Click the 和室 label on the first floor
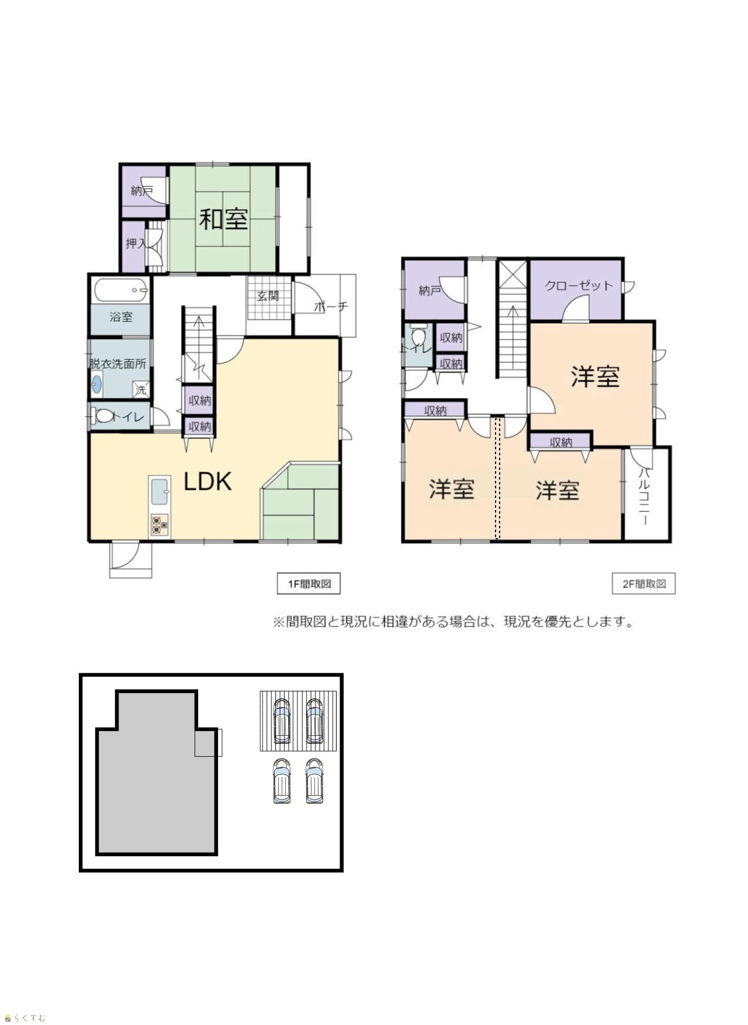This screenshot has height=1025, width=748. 224,219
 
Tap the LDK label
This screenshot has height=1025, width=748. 208,481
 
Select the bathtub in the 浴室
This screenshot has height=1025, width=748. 120,289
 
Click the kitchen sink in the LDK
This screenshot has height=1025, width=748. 160,491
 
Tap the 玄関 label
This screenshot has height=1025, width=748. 268,296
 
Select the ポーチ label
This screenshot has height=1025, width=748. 331,306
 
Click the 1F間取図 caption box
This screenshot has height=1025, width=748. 309,584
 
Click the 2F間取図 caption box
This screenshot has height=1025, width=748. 643,584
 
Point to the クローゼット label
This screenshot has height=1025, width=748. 579,286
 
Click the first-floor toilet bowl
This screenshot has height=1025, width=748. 104,416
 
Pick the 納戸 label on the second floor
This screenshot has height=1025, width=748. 430,290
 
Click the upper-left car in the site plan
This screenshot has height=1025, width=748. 282,721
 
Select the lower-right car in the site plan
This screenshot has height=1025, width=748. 314,781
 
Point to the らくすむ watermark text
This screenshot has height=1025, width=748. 25,1018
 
